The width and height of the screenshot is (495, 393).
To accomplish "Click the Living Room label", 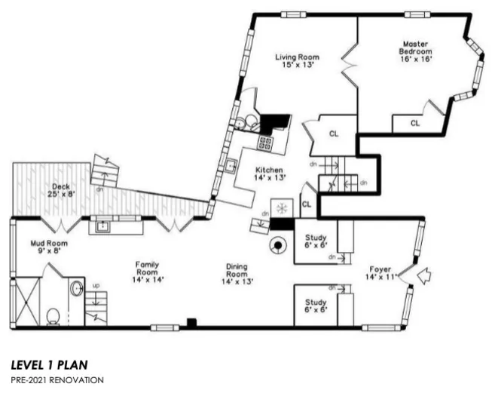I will pos(296,57).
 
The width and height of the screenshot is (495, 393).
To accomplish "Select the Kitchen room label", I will pos(268,170).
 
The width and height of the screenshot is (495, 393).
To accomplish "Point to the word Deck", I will pos(61,188).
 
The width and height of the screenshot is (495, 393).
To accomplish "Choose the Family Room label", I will pos(147,266).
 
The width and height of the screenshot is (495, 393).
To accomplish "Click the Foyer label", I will pos(379,269).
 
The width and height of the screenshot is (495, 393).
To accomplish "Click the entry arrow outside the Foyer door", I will pos(425,277).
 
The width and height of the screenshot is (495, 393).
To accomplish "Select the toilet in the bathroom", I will pos(53,315).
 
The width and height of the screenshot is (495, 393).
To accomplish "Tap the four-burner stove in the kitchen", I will pos(265,142).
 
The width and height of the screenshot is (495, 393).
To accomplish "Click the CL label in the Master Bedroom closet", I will pos(415,123).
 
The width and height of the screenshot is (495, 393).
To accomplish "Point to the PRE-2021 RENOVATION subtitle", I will pos(57,379).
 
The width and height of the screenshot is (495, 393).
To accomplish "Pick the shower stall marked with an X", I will pos(26,301).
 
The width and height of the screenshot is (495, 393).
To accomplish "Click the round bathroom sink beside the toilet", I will pos(76,288).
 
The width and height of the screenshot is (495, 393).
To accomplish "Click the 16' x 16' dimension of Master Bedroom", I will pos(414,59).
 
